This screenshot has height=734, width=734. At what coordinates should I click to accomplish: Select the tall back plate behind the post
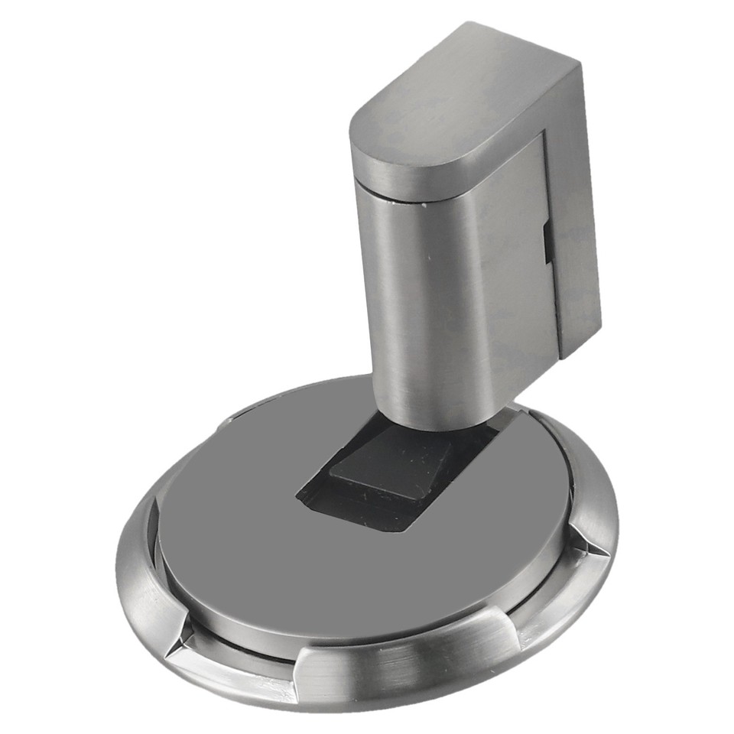tap(577, 229)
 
